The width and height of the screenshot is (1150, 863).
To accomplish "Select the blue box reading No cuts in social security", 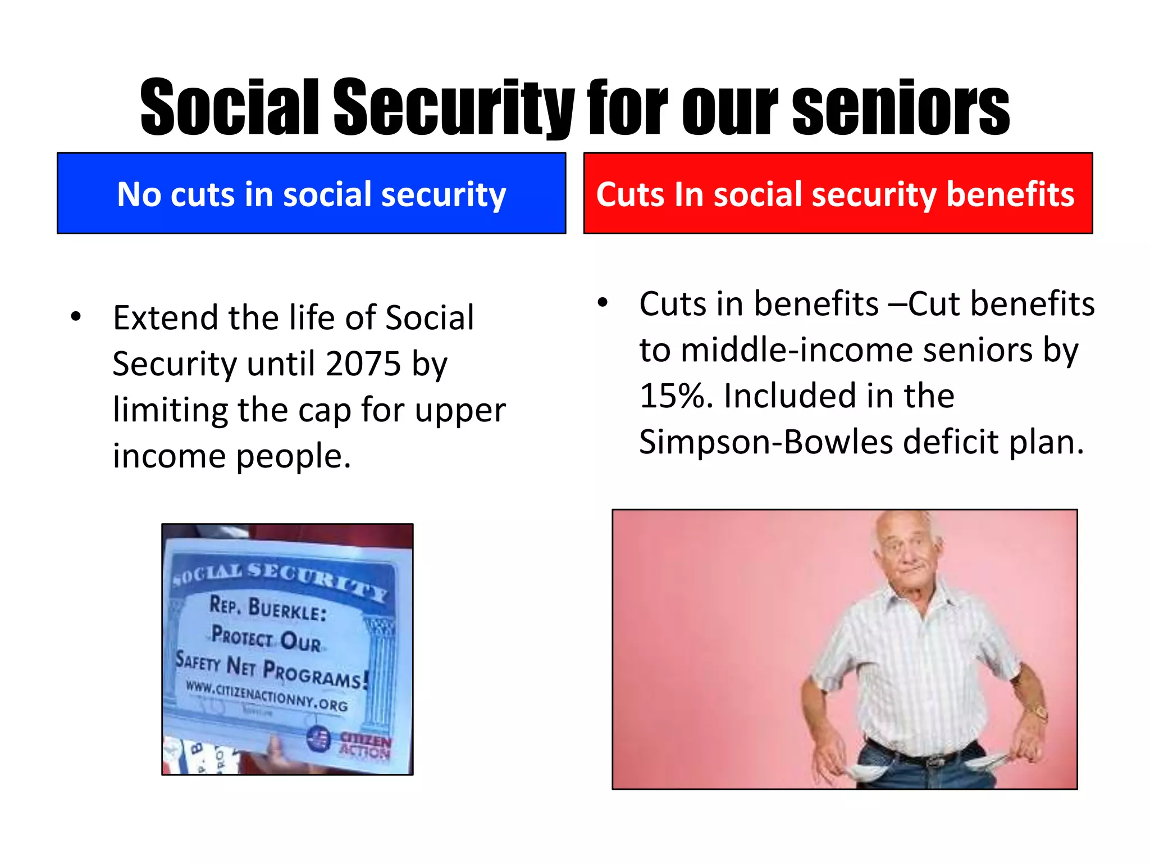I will [311, 193].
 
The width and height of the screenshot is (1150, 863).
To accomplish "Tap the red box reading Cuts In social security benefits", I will [838, 193].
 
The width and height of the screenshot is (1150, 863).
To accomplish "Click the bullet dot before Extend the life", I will [76, 316].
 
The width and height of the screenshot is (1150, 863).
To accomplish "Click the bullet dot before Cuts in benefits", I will [603, 303].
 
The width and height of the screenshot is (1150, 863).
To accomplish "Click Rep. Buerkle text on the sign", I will [267, 608].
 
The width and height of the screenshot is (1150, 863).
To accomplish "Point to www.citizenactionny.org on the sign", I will [266, 696].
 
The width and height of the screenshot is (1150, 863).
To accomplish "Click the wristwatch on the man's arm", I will [1039, 712].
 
